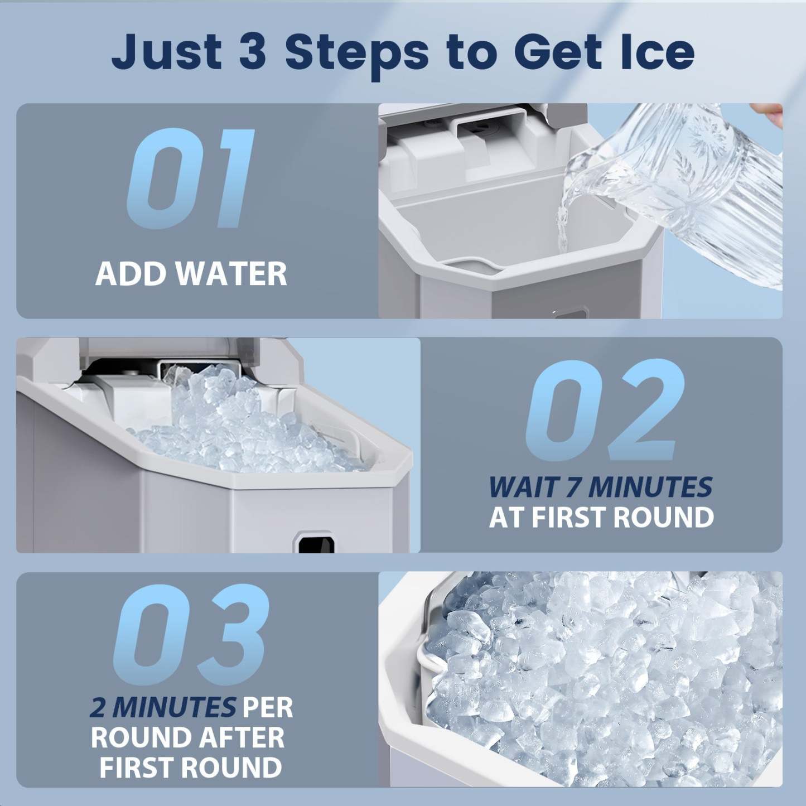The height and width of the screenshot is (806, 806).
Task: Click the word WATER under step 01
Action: click(231, 274)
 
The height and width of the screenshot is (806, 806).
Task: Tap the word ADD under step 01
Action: click(132, 274)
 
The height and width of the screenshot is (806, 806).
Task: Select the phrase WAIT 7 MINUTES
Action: click(600, 487)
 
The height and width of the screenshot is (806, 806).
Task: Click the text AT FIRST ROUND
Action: click(601, 518)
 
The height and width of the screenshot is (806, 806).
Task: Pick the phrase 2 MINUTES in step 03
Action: click(162, 708)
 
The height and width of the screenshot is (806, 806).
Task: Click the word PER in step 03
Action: click(268, 708)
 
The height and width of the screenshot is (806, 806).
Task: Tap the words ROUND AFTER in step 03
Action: click(187, 737)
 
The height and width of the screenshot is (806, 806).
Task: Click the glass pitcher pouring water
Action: click(686, 184)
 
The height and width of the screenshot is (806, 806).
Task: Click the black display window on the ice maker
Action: click(316, 542)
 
